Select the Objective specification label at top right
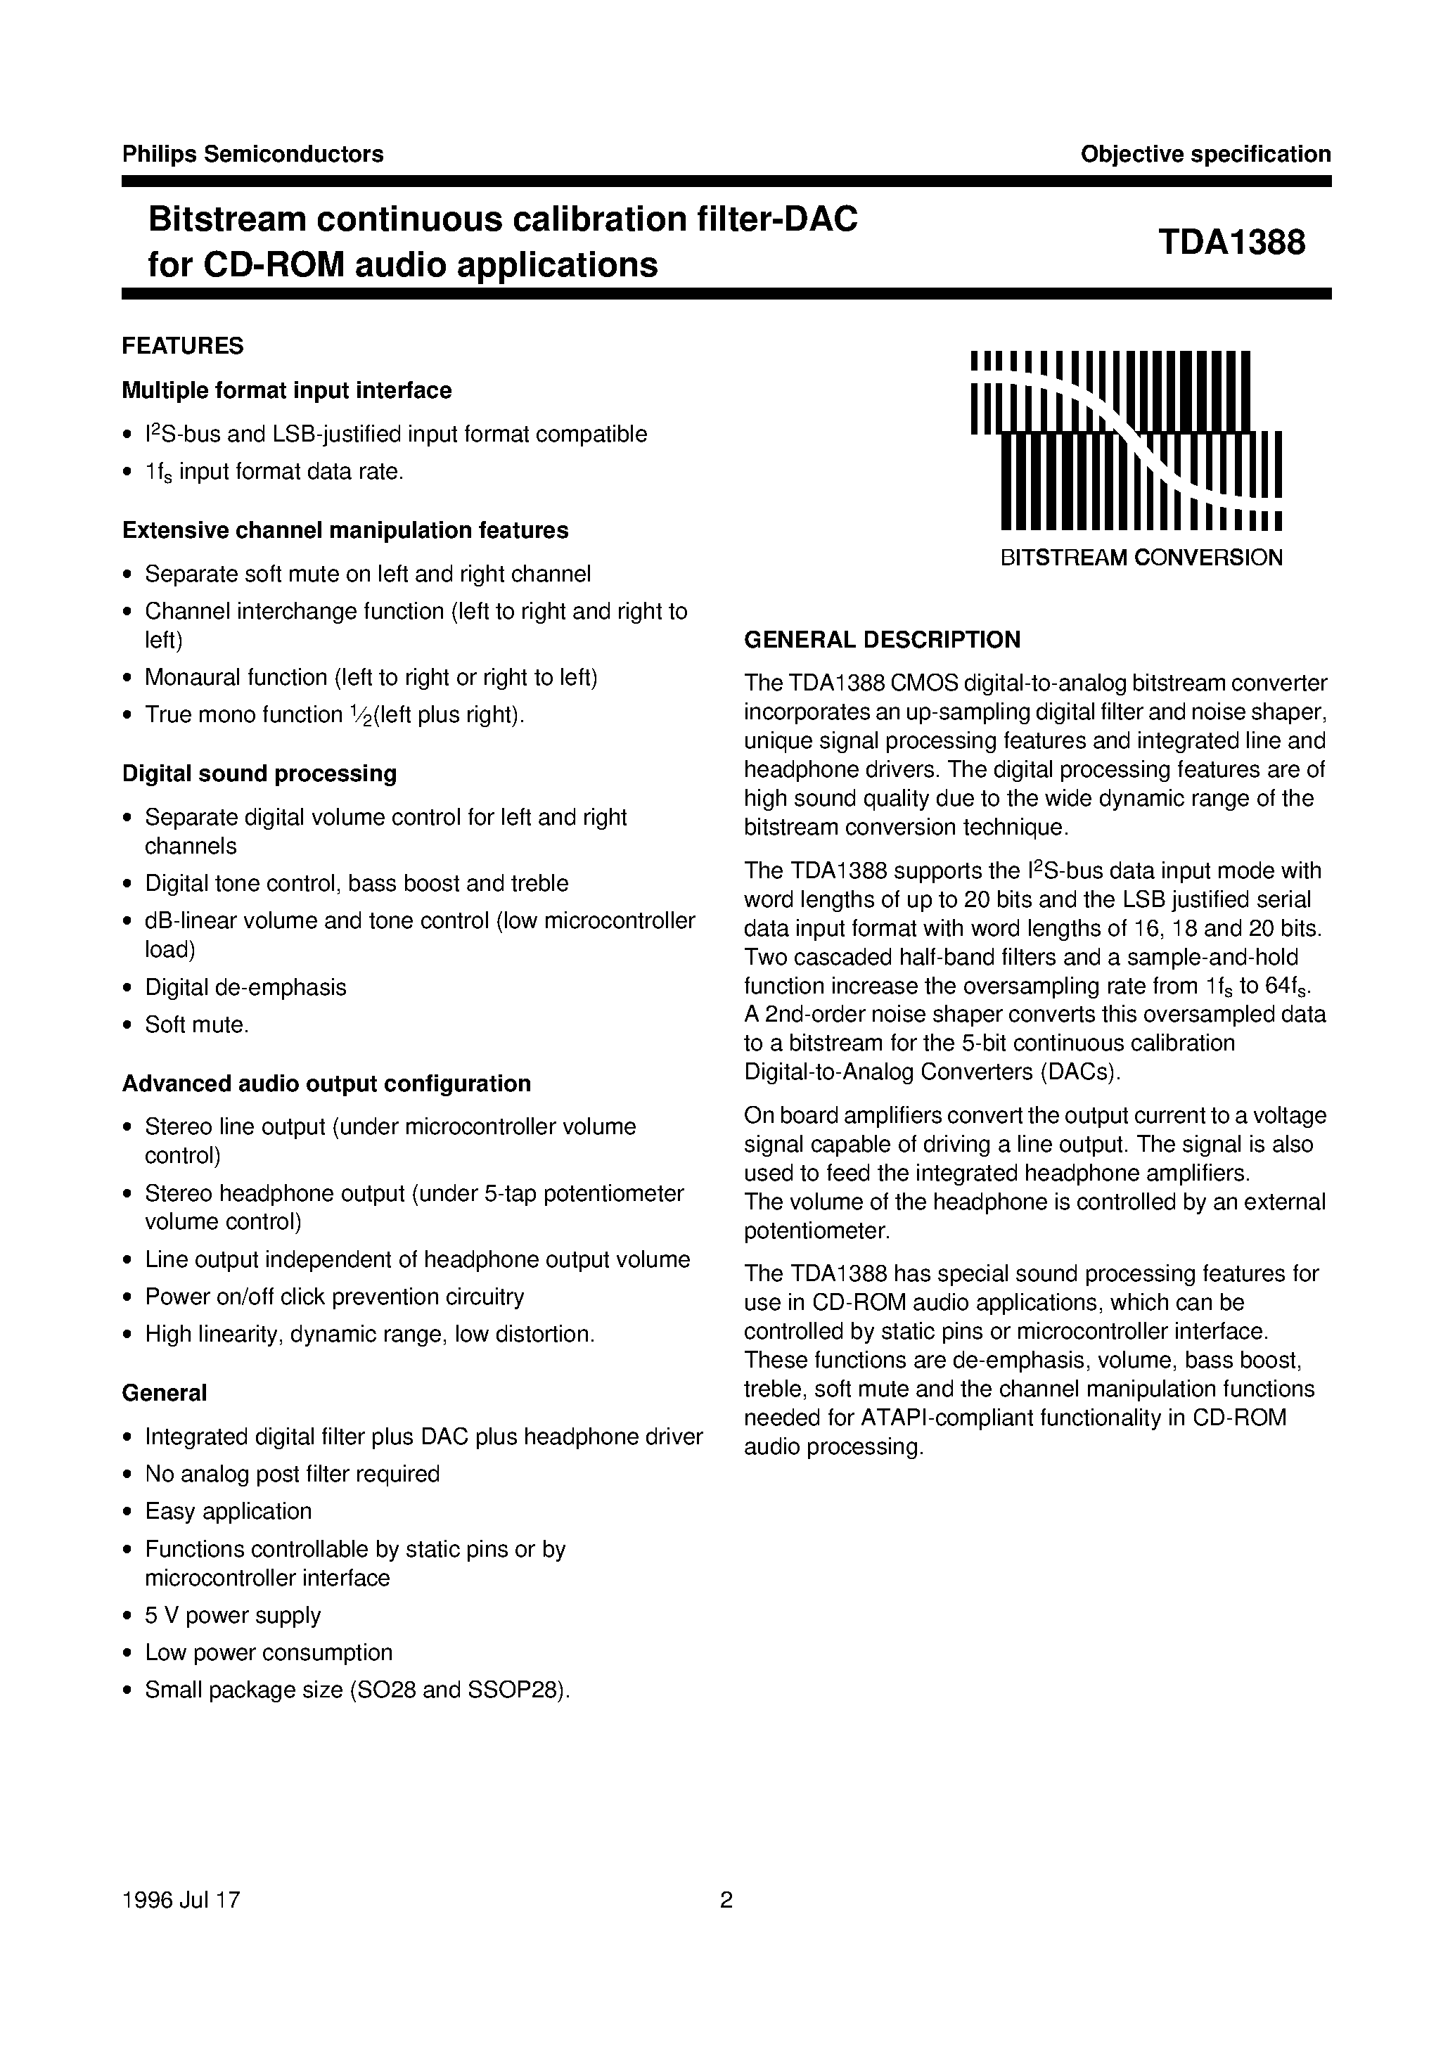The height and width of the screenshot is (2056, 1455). [1205, 154]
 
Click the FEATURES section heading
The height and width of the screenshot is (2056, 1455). [183, 346]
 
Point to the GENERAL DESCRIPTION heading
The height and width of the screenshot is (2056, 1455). [883, 640]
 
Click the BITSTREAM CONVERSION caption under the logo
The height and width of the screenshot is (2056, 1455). [1141, 557]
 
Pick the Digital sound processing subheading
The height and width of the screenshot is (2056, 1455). [259, 773]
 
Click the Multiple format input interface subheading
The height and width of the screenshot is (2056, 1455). [287, 390]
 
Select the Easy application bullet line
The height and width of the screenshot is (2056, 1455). [229, 1511]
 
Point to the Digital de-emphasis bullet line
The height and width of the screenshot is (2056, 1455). [245, 987]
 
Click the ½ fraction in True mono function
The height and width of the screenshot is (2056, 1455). [359, 715]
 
